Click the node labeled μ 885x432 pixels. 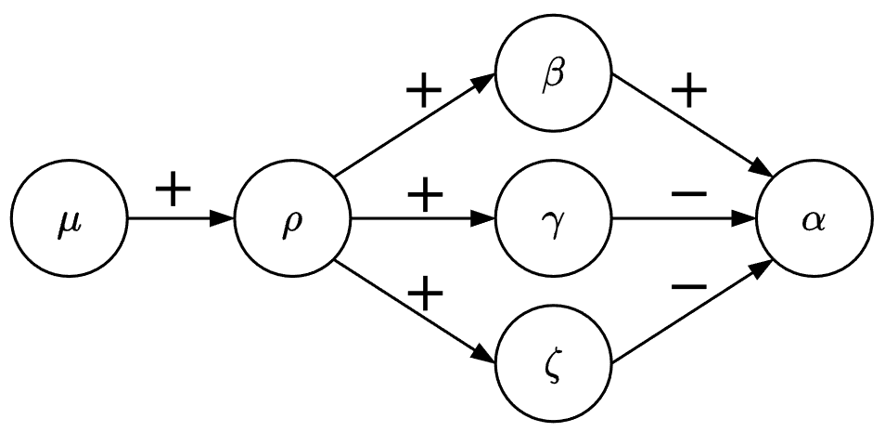coord(70,220)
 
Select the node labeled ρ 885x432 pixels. coord(293,220)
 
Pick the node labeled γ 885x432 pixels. coord(554,220)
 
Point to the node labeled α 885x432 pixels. coord(814,220)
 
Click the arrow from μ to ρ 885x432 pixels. coord(181,220)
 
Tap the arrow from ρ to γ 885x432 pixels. coord(423,220)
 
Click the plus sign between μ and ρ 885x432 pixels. coord(173,190)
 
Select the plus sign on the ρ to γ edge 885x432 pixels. coord(425,198)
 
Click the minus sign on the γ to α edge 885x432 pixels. coord(688,194)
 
